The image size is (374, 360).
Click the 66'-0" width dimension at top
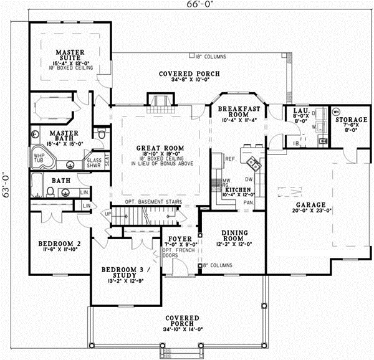point(187,6)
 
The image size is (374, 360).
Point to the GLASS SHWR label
point(94,163)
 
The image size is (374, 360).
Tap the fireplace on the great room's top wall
point(157,100)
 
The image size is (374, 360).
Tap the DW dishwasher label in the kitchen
point(247,179)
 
